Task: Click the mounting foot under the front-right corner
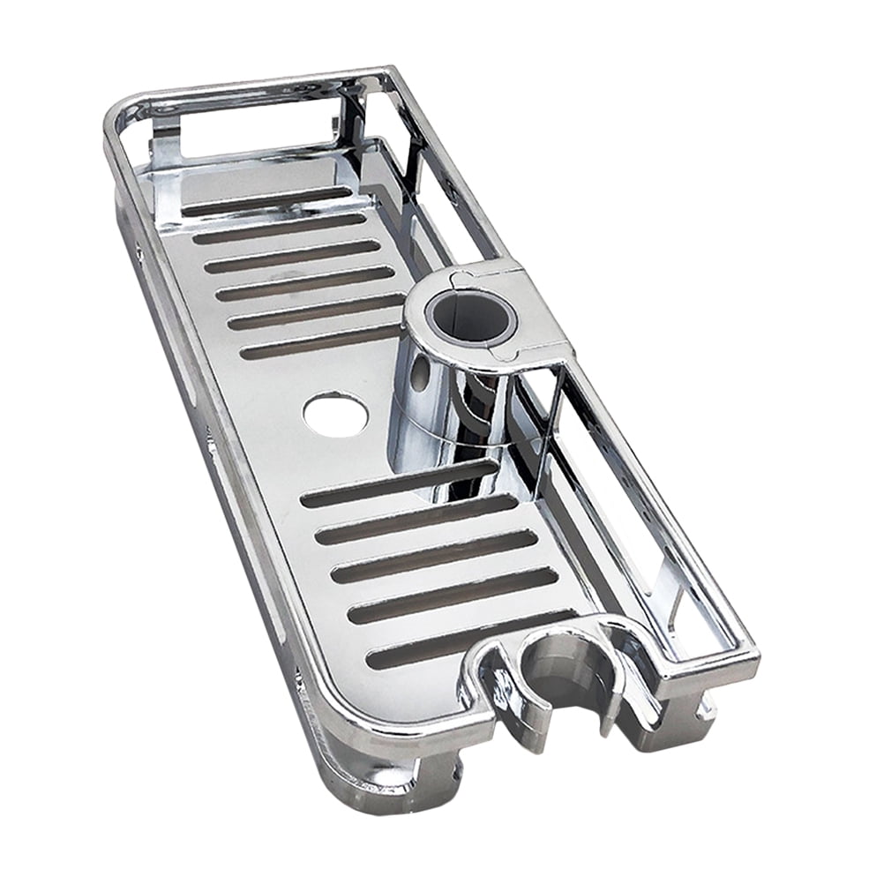coord(697,706)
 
